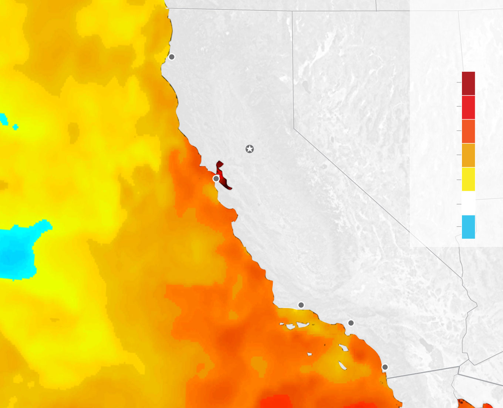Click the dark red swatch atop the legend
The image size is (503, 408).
pyautogui.click(x=468, y=83)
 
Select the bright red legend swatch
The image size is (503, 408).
pyautogui.click(x=468, y=107)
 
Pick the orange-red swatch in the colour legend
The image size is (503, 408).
pyautogui.click(x=468, y=131)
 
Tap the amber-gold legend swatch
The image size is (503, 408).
pyautogui.click(x=468, y=155)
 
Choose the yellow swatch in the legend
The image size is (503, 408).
pyautogui.click(x=468, y=179)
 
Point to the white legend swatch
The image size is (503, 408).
pyautogui.click(x=468, y=203)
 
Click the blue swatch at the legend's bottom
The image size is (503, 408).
pyautogui.click(x=468, y=227)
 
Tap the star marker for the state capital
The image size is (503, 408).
pyautogui.click(x=250, y=149)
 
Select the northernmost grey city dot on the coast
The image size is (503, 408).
pyautogui.click(x=172, y=57)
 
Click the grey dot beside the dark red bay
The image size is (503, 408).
pyautogui.click(x=216, y=178)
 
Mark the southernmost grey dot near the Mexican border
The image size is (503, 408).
pyautogui.click(x=385, y=367)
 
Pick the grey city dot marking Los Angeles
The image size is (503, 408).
pyautogui.click(x=351, y=323)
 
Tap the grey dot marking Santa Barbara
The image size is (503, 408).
pyautogui.click(x=301, y=305)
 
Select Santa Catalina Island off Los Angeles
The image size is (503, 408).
pyautogui.click(x=344, y=348)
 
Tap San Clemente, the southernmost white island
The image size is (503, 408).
pyautogui.click(x=342, y=365)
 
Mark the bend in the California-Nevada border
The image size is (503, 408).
pyautogui.click(x=294, y=128)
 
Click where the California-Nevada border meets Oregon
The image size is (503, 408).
pyautogui.click(x=292, y=11)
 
